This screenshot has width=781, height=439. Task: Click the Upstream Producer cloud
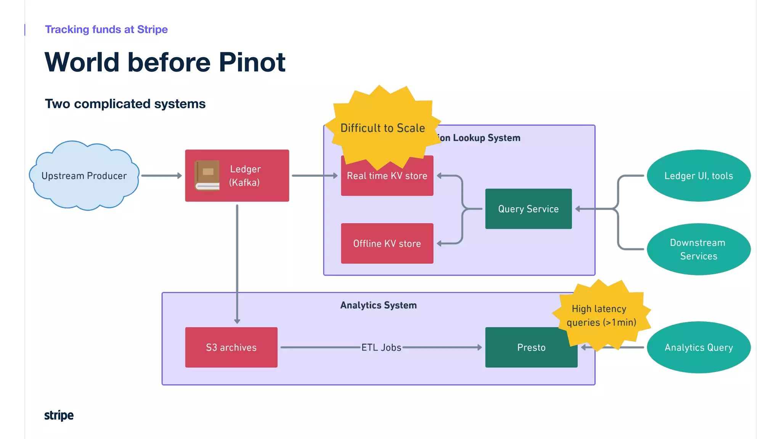[x=84, y=176]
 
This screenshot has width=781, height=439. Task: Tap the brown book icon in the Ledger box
[x=207, y=175]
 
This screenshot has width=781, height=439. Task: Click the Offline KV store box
[x=387, y=244]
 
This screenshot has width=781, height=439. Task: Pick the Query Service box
[x=528, y=209]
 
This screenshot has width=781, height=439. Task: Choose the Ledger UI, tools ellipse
[x=698, y=176]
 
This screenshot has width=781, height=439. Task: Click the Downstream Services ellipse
[x=698, y=249]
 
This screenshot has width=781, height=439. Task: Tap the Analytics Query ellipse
[x=698, y=347]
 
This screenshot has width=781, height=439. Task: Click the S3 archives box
[x=231, y=348]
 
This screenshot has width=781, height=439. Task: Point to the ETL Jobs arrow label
[x=381, y=348]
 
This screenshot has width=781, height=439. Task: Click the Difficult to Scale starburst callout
[x=382, y=128]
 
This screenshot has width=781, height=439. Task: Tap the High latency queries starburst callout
[x=601, y=315]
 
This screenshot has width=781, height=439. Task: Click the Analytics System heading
[x=378, y=305]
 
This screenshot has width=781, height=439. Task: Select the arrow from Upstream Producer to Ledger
[x=161, y=176]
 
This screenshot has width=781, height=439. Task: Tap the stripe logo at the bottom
[x=59, y=415]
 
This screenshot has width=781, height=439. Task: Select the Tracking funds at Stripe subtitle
[x=106, y=29]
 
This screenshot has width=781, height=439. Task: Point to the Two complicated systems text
[x=125, y=104]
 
